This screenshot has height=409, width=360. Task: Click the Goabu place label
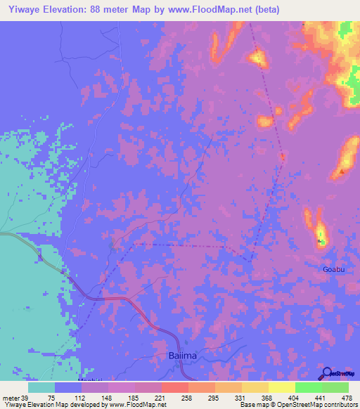[x=334, y=269]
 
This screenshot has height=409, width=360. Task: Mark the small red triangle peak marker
[x=342, y=171]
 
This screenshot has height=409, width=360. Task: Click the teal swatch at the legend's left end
[x=41, y=387]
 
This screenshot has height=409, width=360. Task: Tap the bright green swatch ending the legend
[x=335, y=387]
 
